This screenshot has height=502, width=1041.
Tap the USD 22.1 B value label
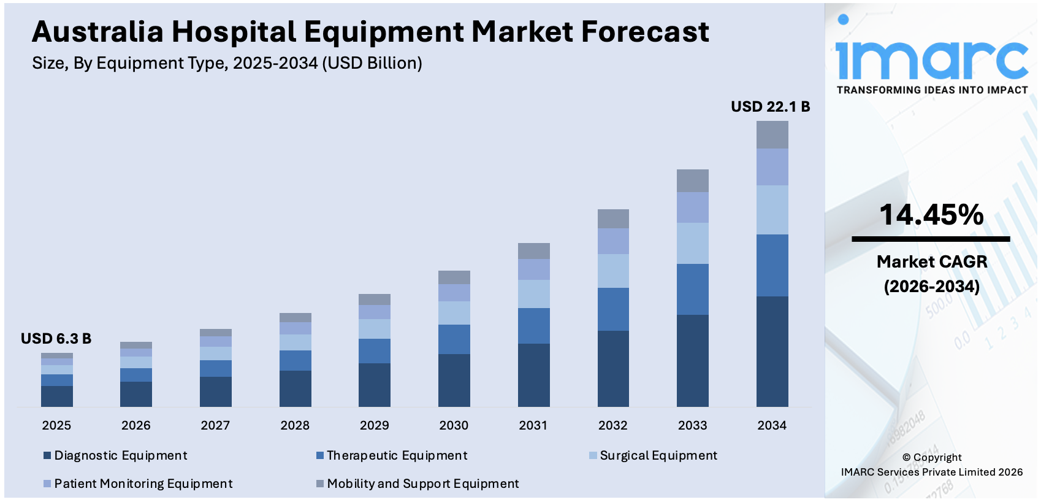pyautogui.click(x=770, y=107)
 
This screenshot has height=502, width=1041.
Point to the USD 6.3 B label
pyautogui.click(x=56, y=339)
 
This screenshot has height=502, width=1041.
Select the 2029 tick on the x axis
pyautogui.click(x=374, y=425)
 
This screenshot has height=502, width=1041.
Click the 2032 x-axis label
pyautogui.click(x=612, y=425)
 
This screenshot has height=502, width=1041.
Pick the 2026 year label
pyautogui.click(x=135, y=425)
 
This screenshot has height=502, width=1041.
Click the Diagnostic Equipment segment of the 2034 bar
pyautogui.click(x=772, y=351)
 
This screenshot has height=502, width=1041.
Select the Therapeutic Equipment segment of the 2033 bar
pyautogui.click(x=692, y=289)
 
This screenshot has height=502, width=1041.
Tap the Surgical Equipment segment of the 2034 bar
pyautogui.click(x=772, y=210)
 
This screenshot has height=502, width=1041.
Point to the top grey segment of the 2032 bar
pyautogui.click(x=612, y=218)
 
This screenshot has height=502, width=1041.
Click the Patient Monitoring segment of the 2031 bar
pyautogui.click(x=533, y=269)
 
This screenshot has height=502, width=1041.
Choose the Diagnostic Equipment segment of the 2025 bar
pyautogui.click(x=56, y=396)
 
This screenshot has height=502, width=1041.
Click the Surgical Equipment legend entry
pyautogui.click(x=658, y=455)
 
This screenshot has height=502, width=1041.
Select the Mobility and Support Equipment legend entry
pyautogui.click(x=422, y=484)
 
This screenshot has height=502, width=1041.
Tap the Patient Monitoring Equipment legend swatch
pyautogui.click(x=47, y=484)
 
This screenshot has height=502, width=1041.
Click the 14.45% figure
pyautogui.click(x=931, y=215)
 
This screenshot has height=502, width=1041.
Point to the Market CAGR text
pyautogui.click(x=931, y=262)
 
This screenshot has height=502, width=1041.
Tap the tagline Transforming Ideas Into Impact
pyautogui.click(x=931, y=90)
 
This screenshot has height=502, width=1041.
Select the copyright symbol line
pyautogui.click(x=931, y=457)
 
